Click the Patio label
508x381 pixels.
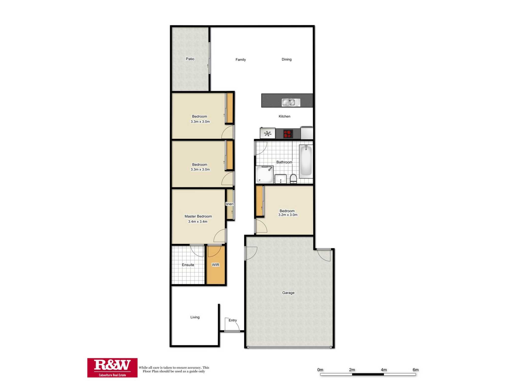tap(190, 59)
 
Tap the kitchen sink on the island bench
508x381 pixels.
tap(291, 102)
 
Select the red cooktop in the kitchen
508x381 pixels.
tap(288, 134)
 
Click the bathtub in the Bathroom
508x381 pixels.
tap(306, 160)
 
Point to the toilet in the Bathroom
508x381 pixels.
tap(293, 179)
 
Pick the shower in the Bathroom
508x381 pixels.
tap(264, 174)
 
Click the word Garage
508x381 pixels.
tap(288, 293)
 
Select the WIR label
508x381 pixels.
tap(215, 265)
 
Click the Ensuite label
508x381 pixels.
tap(188, 265)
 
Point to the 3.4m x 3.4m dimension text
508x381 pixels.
tap(198, 221)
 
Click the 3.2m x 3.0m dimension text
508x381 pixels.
tap(288, 215)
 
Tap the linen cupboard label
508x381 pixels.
tap(230, 204)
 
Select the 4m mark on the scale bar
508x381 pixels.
tap(384, 370)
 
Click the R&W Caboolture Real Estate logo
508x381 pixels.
tap(112, 368)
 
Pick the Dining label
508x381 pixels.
tap(287, 59)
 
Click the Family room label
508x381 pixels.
tap(241, 60)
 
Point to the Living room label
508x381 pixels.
tap(195, 317)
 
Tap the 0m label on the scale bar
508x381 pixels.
tap(320, 370)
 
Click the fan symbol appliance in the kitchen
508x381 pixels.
tap(267, 133)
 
